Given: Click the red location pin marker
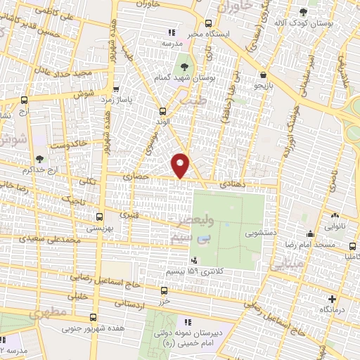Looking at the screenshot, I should [x=181, y=165].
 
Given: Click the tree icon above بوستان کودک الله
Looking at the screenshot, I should [x=303, y=13].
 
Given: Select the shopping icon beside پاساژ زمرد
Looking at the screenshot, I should [x=116, y=89].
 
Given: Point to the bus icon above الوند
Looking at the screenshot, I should [x=162, y=110].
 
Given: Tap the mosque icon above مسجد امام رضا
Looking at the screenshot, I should [x=310, y=234].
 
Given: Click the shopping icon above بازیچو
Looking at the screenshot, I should [x=263, y=74].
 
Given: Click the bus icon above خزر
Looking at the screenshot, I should [x=164, y=290].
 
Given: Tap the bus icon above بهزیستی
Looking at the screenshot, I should [x=99, y=217].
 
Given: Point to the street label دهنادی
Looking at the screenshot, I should [x=231, y=182].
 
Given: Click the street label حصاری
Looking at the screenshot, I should [x=136, y=177].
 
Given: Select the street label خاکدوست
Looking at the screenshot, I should [x=68, y=143].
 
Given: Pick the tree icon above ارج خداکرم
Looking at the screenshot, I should [x=39, y=159].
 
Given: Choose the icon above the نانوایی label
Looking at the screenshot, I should [x=335, y=216].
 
